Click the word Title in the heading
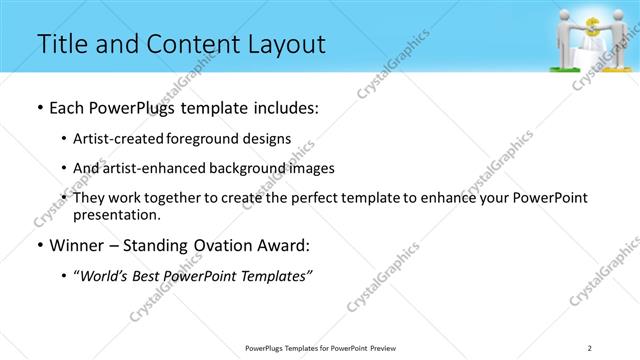[x=61, y=44]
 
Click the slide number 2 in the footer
[x=590, y=347]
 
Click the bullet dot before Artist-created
[x=65, y=138]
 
